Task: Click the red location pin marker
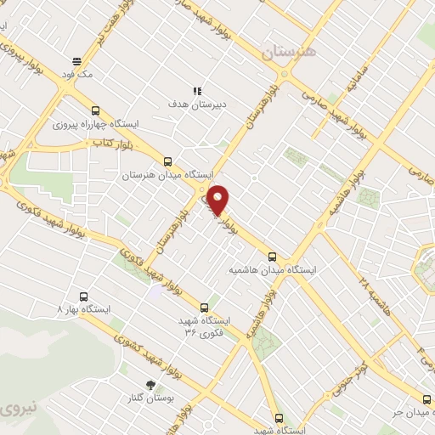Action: click(x=219, y=200)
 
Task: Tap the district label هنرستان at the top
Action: click(x=289, y=52)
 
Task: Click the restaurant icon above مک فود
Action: click(x=76, y=61)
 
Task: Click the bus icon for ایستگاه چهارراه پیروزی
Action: click(x=94, y=110)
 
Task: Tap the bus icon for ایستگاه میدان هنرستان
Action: click(x=167, y=161)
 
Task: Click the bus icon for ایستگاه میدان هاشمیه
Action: click(x=272, y=256)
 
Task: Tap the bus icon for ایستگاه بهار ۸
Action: click(x=83, y=297)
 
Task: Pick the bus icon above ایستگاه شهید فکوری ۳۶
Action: click(x=203, y=307)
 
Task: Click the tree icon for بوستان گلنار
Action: click(x=151, y=384)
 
